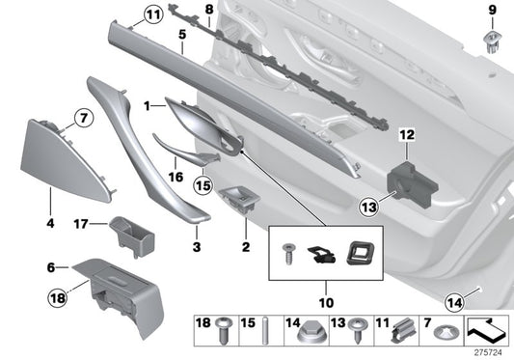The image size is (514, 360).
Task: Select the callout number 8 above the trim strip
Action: (208, 11)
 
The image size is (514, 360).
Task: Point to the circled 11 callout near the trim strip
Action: (153, 14)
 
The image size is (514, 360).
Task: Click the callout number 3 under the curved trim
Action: (196, 248)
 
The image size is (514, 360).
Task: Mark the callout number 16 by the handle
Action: (176, 178)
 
